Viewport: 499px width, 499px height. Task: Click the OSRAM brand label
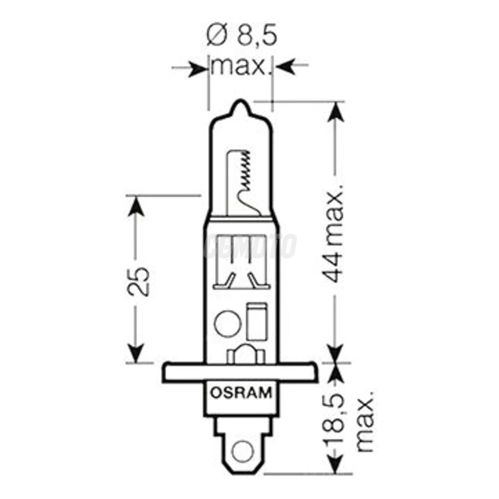point(241,393)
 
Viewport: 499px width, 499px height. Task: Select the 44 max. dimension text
point(333,233)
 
